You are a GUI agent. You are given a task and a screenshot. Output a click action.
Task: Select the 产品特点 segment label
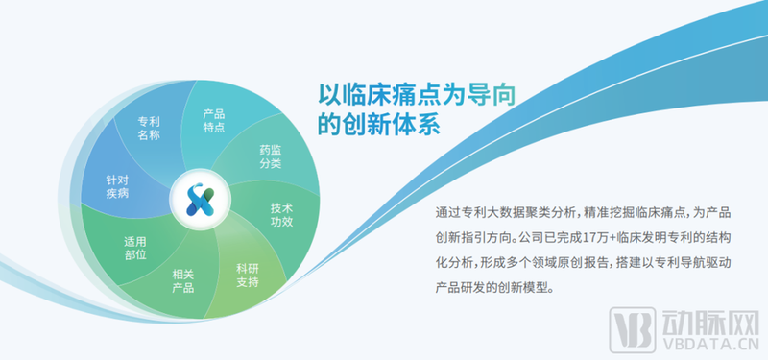[213, 120]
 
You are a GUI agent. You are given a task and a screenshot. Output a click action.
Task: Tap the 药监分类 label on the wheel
[270, 156]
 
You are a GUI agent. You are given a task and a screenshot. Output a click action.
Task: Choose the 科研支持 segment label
[248, 275]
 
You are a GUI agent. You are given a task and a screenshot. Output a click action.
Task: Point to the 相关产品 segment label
[182, 282]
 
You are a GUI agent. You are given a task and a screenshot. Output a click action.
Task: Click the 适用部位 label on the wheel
[134, 249]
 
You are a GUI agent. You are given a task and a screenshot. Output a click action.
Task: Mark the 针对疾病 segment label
[118, 186]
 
